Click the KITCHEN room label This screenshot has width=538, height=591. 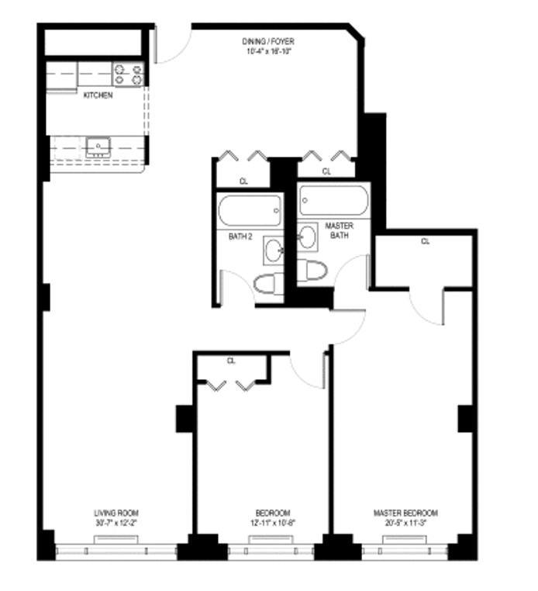pos(98,95)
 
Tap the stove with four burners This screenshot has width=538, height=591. pos(129,74)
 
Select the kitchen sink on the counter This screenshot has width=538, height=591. pos(98,146)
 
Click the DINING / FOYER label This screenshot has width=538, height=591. pos(267,41)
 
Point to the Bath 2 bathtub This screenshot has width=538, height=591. pos(250,209)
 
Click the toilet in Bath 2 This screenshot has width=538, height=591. pos(266,284)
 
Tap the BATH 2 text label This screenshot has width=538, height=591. pos(240,236)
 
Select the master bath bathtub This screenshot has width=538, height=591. pos(333,201)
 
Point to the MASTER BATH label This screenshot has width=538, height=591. pos(339,230)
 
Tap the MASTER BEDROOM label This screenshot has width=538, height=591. pos(405,513)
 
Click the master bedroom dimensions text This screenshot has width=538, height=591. pos(405,523)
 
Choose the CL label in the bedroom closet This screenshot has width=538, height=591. pos(231,361)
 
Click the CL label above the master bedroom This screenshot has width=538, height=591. pos(424,241)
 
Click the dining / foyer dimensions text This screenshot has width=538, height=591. pos(267,51)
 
